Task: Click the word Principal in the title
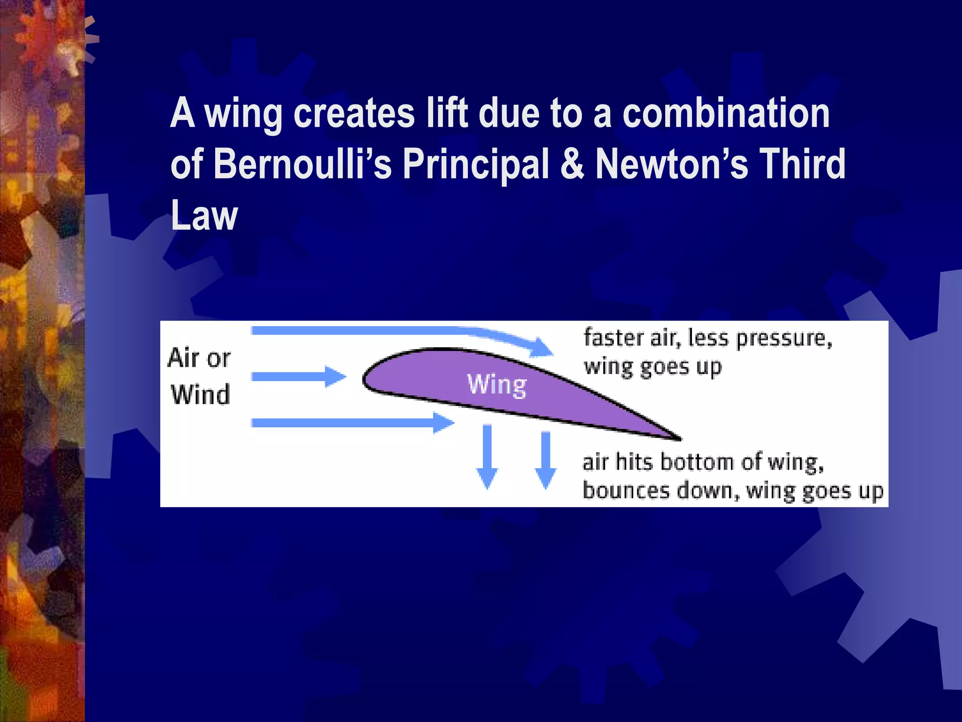tap(476, 165)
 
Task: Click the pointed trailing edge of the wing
tap(676, 438)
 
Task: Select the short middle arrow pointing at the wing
tap(298, 377)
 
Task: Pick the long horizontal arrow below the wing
tap(352, 423)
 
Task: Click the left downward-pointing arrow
tap(487, 456)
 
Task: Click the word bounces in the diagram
tap(626, 490)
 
